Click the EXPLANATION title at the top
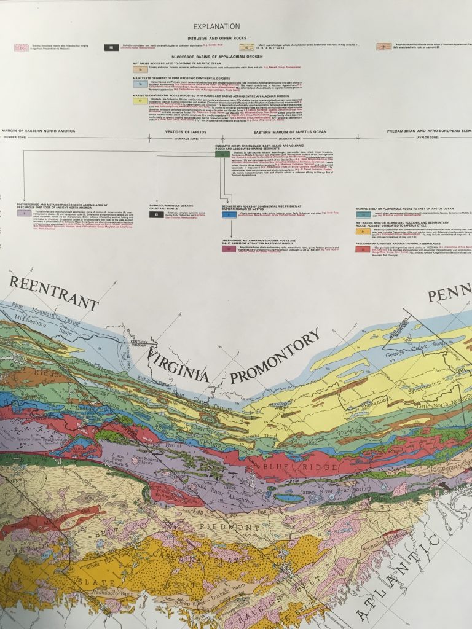tap(216, 26)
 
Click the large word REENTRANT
tap(54, 294)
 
